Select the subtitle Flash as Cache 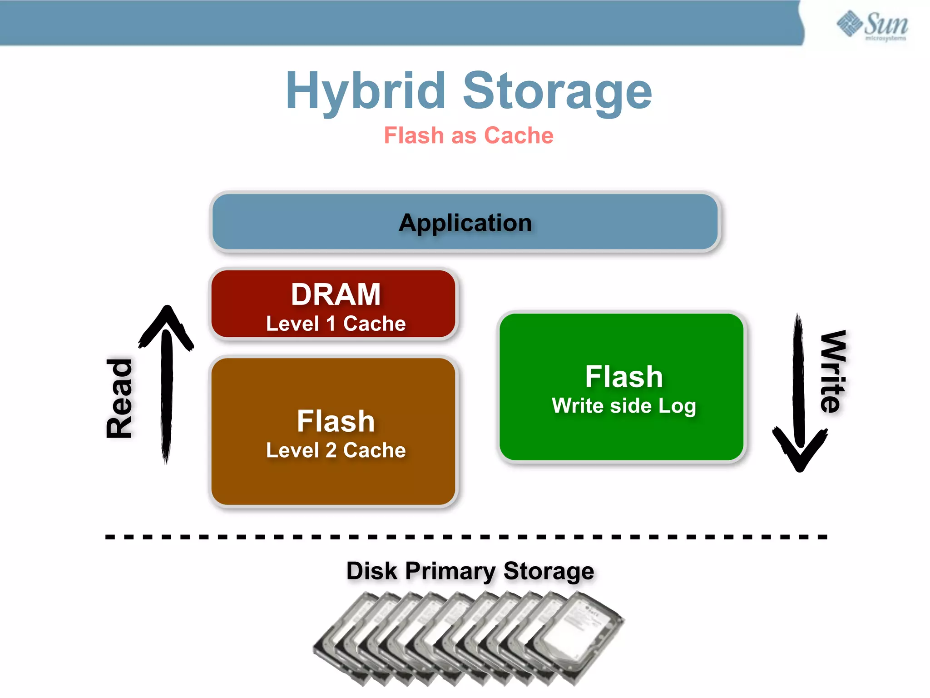(x=469, y=135)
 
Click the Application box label (x=465, y=223)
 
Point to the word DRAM (x=336, y=294)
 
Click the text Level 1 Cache (x=336, y=324)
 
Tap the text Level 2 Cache (x=336, y=450)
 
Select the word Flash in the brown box (x=336, y=421)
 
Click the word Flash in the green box (x=623, y=377)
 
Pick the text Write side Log (x=623, y=406)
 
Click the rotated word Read (x=119, y=399)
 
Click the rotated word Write (x=833, y=371)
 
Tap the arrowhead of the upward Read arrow (x=167, y=320)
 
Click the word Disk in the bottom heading (x=371, y=571)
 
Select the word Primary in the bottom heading (x=450, y=571)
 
